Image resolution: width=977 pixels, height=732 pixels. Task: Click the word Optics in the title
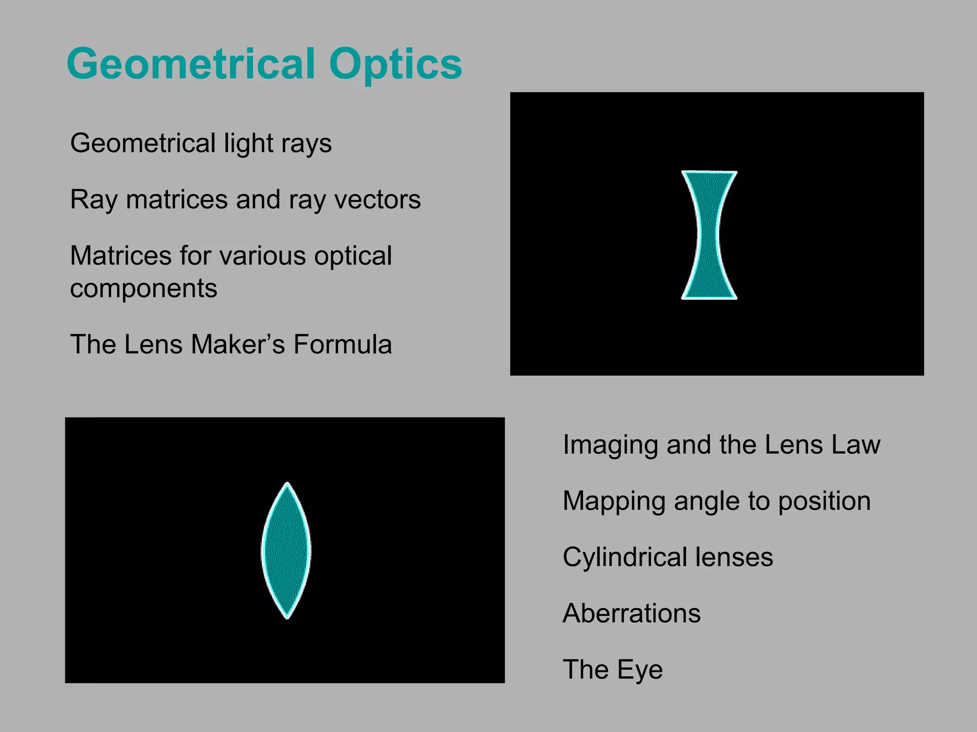pos(395,64)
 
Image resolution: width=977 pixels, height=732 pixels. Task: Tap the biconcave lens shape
pos(709,235)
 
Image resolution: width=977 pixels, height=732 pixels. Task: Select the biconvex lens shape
pos(287,551)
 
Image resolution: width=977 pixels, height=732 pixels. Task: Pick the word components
pos(144,289)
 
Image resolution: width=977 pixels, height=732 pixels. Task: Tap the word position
pos(824,502)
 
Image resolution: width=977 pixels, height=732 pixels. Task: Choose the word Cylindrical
pos(625,557)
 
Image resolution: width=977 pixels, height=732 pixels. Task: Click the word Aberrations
pos(632,613)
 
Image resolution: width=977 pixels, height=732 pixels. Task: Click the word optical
pos(353,256)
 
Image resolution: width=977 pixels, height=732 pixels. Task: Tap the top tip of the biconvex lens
pos(287,484)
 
